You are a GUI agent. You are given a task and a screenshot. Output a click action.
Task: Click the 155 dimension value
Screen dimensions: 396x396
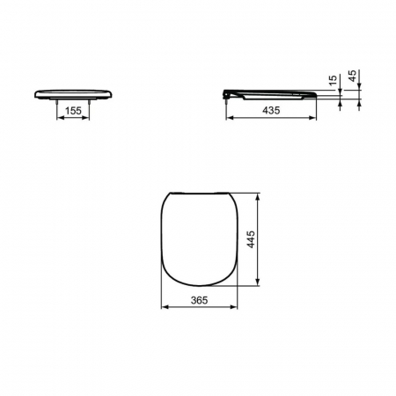click(x=73, y=111)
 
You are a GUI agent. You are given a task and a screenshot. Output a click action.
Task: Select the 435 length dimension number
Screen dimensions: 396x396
click(x=271, y=110)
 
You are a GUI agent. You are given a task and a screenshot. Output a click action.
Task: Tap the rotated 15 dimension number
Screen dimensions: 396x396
click(x=333, y=80)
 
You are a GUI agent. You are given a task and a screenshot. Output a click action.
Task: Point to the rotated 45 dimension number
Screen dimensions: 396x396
click(x=352, y=76)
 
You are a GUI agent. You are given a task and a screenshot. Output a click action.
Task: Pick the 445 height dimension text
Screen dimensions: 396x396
click(x=251, y=239)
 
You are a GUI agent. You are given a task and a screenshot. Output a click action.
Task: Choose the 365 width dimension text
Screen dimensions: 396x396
click(x=199, y=300)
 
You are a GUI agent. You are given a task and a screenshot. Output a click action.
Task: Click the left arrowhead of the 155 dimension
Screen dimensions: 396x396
click(x=60, y=118)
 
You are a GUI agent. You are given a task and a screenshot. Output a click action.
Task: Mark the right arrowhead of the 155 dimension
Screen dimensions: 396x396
click(x=85, y=118)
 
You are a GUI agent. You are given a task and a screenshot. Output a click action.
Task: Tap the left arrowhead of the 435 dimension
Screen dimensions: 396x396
click(x=230, y=118)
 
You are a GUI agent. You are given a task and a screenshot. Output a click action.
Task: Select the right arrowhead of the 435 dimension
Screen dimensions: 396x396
click(x=312, y=118)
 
